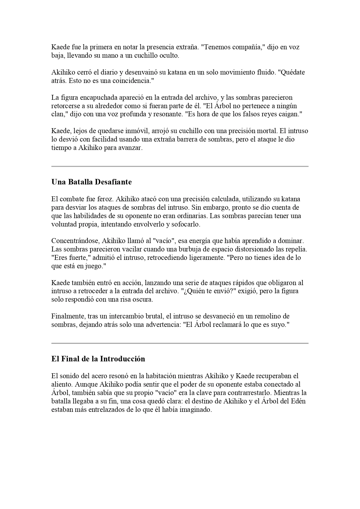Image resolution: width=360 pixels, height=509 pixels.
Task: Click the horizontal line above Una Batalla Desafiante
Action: (180, 166)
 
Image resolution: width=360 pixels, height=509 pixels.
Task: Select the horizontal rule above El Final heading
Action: (180, 343)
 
